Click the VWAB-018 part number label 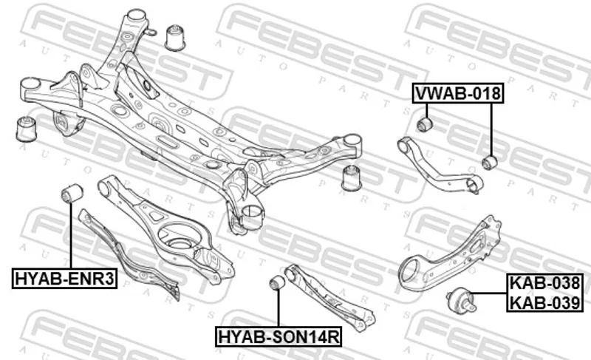458,92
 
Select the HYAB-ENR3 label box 64,279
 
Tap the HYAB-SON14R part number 279,336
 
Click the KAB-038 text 544,283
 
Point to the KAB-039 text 544,302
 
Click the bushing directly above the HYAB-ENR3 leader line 72,193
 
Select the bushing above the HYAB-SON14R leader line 279,282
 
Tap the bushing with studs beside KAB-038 462,299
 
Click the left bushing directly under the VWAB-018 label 426,124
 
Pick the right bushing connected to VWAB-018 490,162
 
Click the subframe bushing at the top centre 175,37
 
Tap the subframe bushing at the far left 27,129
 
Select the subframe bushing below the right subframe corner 352,177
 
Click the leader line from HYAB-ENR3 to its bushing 70,235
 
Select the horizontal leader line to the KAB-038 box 490,293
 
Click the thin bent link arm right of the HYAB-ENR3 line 129,255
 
